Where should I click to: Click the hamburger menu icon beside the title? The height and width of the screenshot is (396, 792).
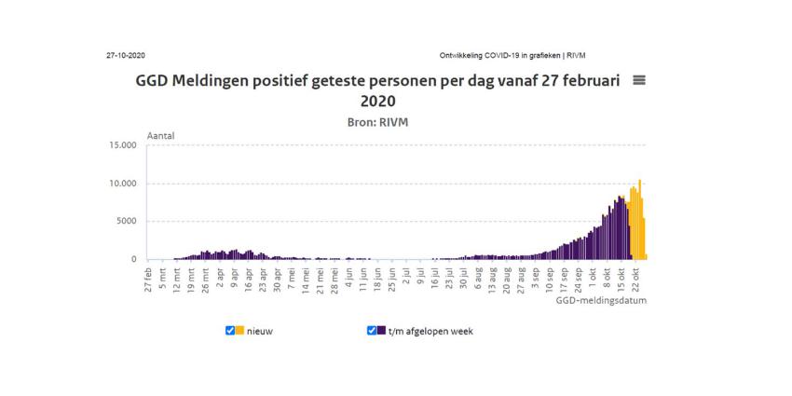pos(639,80)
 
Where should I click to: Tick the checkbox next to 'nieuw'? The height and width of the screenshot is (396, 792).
pos(230,330)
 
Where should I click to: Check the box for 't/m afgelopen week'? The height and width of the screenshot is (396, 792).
pos(372,330)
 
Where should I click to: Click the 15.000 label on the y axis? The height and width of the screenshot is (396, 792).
pos(122,145)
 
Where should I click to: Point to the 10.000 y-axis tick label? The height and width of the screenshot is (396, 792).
pos(122,184)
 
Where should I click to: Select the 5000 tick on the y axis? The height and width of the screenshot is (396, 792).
pos(126,222)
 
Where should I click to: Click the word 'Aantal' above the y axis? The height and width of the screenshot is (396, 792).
pos(160,136)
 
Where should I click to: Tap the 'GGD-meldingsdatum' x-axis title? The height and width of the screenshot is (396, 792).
pos(601,301)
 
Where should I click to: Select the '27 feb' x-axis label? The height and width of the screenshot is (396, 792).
pos(148,279)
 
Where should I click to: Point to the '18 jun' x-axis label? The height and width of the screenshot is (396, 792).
pos(377,279)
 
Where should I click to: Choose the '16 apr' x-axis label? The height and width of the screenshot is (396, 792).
pos(249,279)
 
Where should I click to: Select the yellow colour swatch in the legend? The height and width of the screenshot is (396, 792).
pos(240,330)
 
